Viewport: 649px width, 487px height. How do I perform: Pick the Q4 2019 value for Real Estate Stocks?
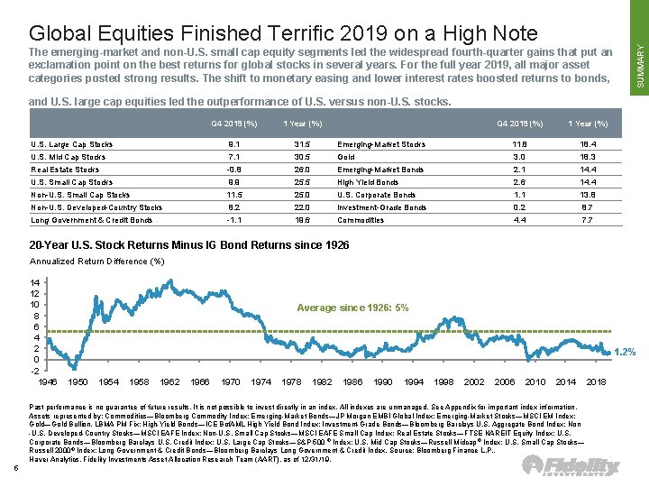pyautogui.click(x=233, y=170)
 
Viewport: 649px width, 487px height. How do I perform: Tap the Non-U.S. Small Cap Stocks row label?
pyautogui.click(x=80, y=195)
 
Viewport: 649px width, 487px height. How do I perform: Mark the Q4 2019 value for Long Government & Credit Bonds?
pyautogui.click(x=233, y=220)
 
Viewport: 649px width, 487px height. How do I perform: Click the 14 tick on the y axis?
pyautogui.click(x=34, y=282)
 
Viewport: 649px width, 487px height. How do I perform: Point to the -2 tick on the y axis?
pyautogui.click(x=34, y=371)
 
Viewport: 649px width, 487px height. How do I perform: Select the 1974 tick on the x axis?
pyautogui.click(x=261, y=382)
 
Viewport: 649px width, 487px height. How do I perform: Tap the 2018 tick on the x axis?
pyautogui.click(x=595, y=382)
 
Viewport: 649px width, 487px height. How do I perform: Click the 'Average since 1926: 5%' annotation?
pyautogui.click(x=352, y=308)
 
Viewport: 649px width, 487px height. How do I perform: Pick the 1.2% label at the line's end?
pyautogui.click(x=626, y=352)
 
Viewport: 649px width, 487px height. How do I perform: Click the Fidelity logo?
pyautogui.click(x=571, y=465)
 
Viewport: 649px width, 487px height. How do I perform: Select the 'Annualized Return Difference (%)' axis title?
pyautogui.click(x=97, y=262)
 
